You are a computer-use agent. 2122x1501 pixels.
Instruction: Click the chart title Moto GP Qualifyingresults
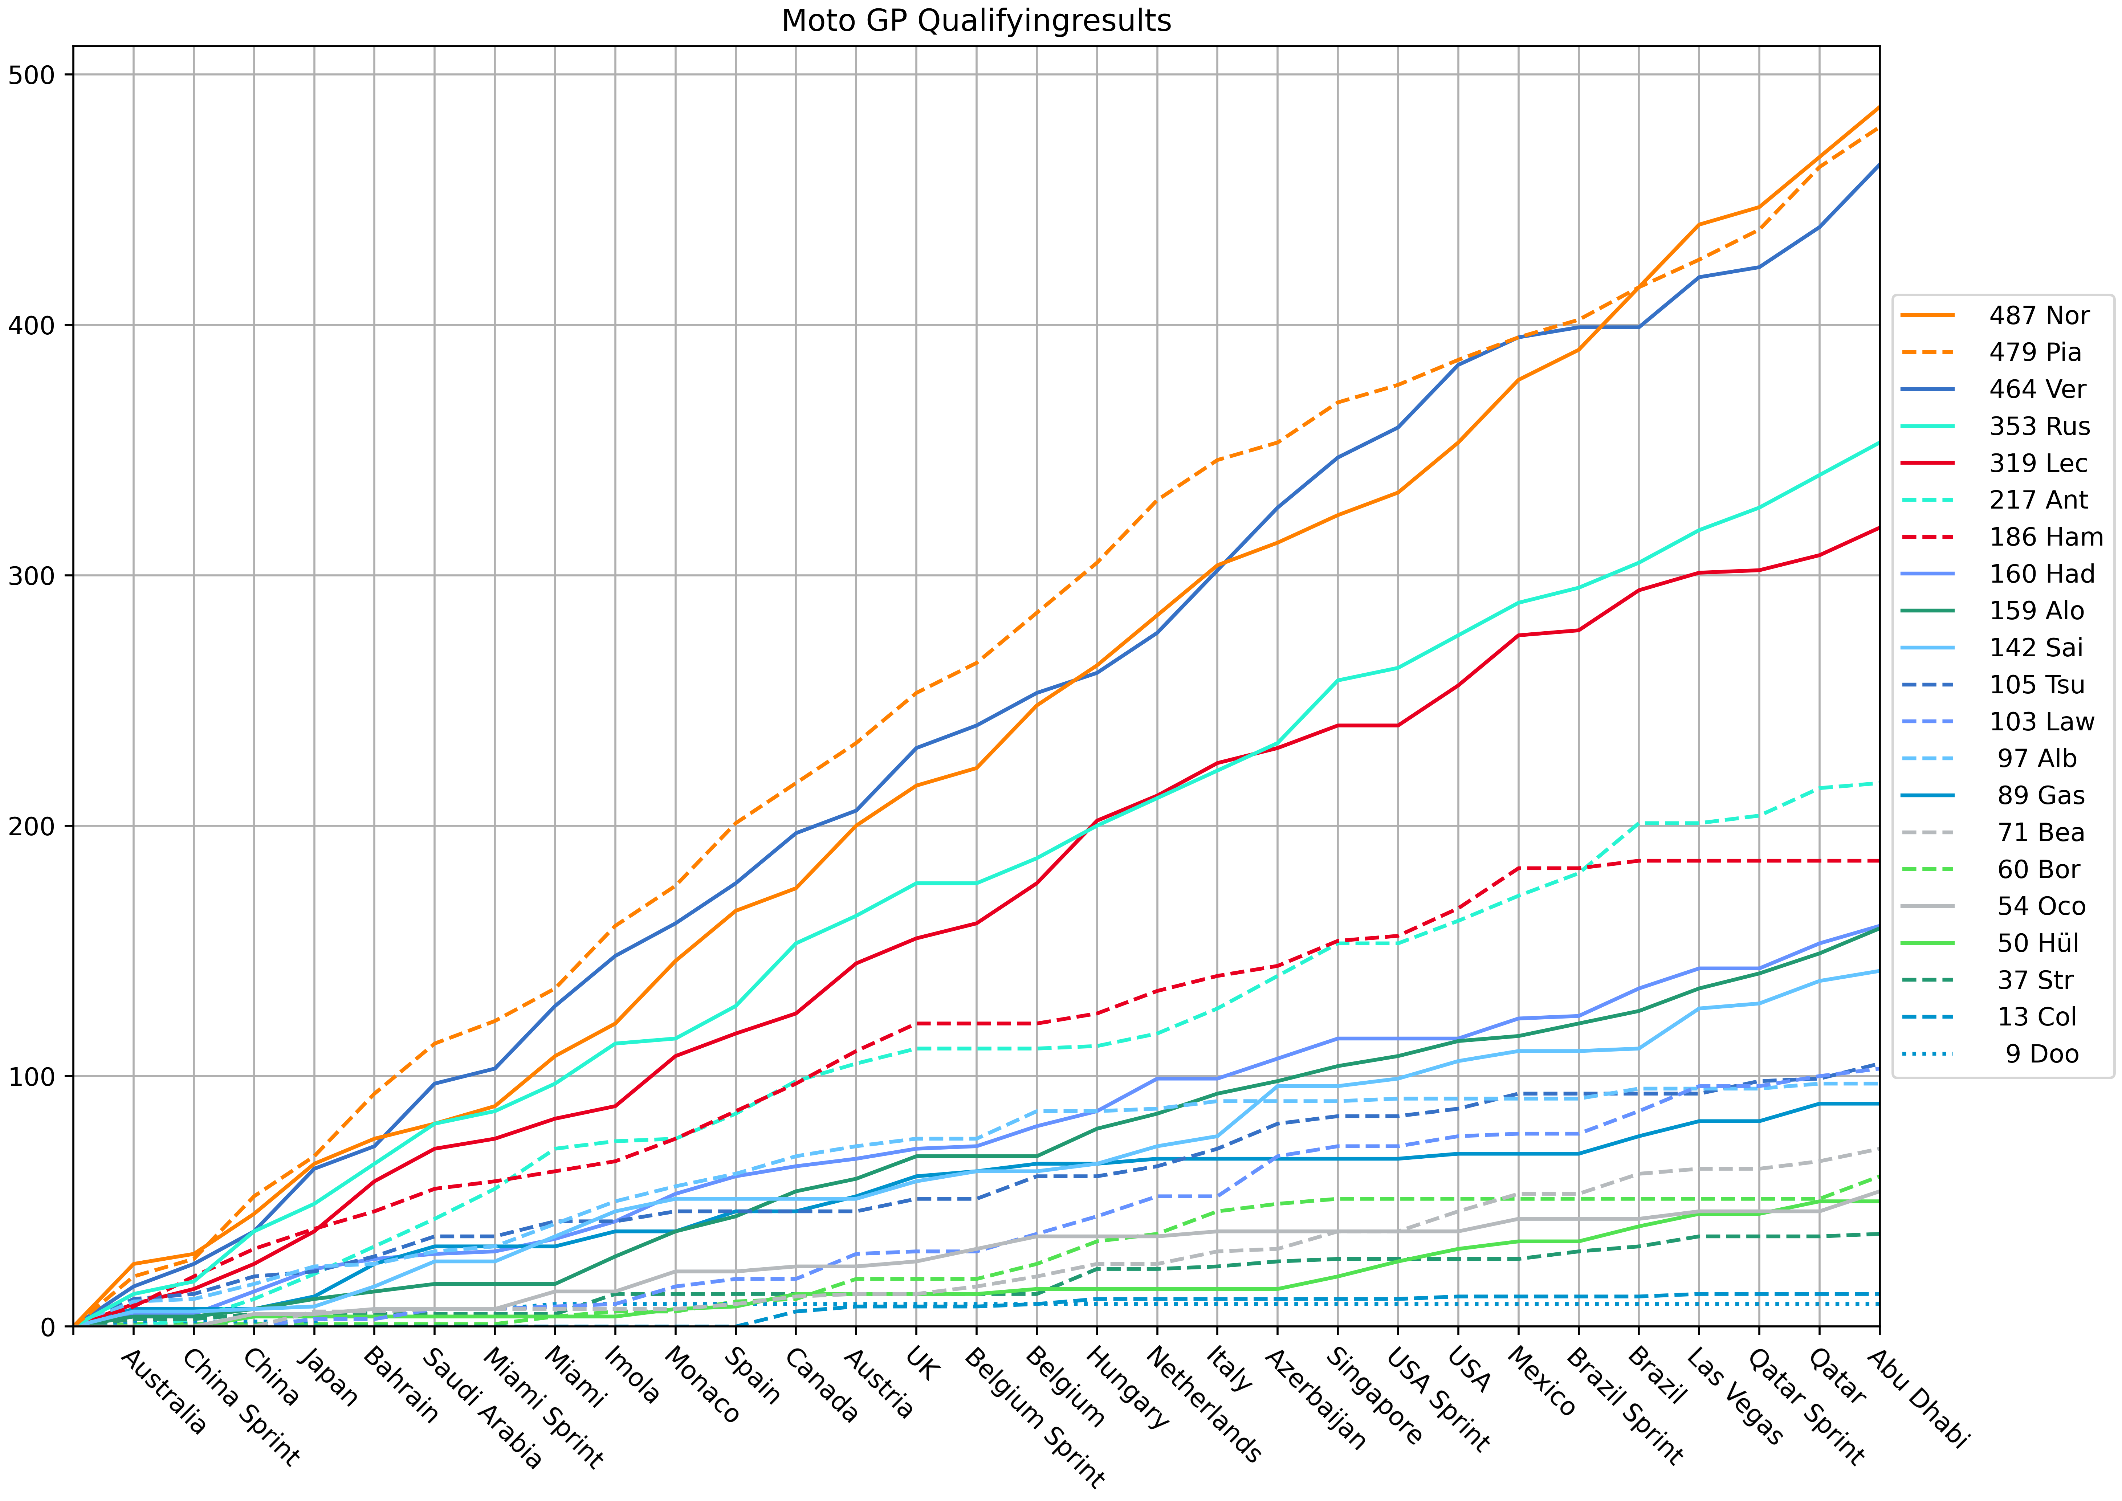[x=976, y=20]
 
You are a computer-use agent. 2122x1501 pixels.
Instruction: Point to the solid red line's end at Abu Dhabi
[x=1879, y=528]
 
